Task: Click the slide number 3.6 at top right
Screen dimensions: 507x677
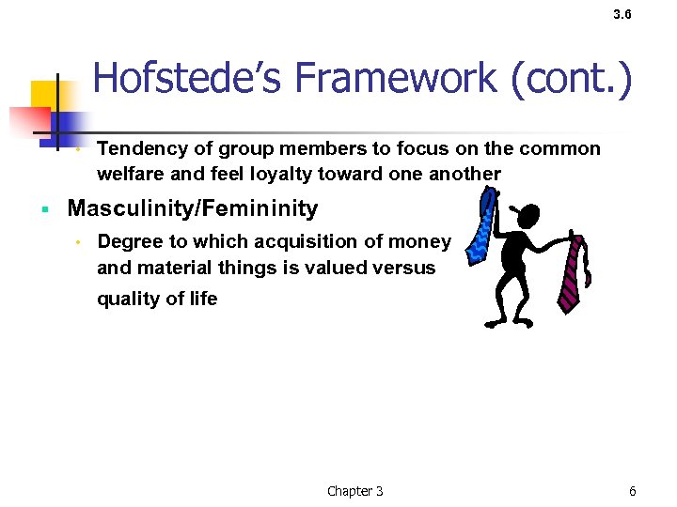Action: coord(622,15)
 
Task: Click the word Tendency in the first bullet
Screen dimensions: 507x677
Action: coord(141,148)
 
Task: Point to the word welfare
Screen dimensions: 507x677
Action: coord(129,174)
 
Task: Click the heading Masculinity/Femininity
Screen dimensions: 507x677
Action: coord(193,208)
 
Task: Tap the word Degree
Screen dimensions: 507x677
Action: coord(129,241)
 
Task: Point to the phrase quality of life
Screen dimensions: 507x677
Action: coord(157,299)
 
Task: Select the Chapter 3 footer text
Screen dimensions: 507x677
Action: coord(354,491)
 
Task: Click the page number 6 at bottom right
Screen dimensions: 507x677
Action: coord(633,491)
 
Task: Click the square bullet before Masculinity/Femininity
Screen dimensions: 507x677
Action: coord(45,208)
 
